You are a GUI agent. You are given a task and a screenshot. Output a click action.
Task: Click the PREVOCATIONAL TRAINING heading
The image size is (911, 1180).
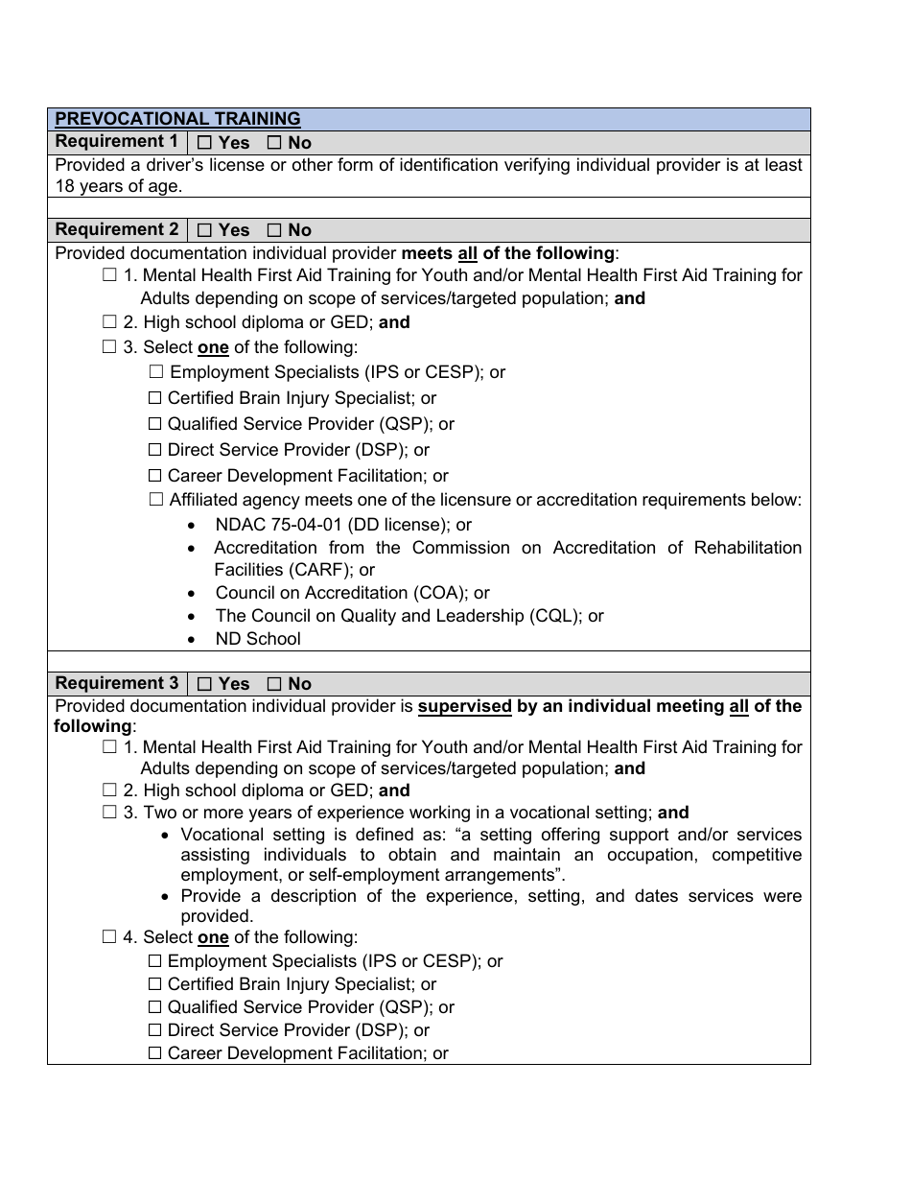(x=177, y=119)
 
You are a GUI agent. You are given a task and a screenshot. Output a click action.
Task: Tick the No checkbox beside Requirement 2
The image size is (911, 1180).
(x=274, y=230)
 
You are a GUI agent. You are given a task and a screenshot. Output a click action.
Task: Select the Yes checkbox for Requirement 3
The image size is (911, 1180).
(x=205, y=684)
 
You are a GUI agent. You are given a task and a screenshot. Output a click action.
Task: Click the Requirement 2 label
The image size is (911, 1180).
(x=117, y=230)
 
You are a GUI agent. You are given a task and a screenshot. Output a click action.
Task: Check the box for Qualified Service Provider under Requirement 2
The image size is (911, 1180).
(x=155, y=424)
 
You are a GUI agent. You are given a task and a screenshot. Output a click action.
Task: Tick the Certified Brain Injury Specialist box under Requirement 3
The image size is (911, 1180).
(x=155, y=984)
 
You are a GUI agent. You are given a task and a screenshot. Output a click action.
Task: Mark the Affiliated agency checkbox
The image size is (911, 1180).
(x=156, y=500)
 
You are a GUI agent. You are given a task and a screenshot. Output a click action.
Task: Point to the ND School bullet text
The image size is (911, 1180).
(x=258, y=639)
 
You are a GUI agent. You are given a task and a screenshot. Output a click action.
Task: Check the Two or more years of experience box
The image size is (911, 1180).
(x=109, y=813)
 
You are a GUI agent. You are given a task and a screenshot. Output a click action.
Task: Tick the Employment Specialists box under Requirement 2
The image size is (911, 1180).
(x=156, y=372)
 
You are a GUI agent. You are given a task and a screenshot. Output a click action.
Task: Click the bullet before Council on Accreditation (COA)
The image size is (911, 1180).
(x=194, y=593)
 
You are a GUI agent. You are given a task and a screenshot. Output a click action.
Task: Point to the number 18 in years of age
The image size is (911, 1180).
(x=65, y=186)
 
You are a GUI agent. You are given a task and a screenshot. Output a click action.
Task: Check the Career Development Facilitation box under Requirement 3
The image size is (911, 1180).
(x=155, y=1053)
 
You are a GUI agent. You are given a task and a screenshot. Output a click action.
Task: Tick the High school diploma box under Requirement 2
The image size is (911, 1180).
(x=109, y=322)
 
